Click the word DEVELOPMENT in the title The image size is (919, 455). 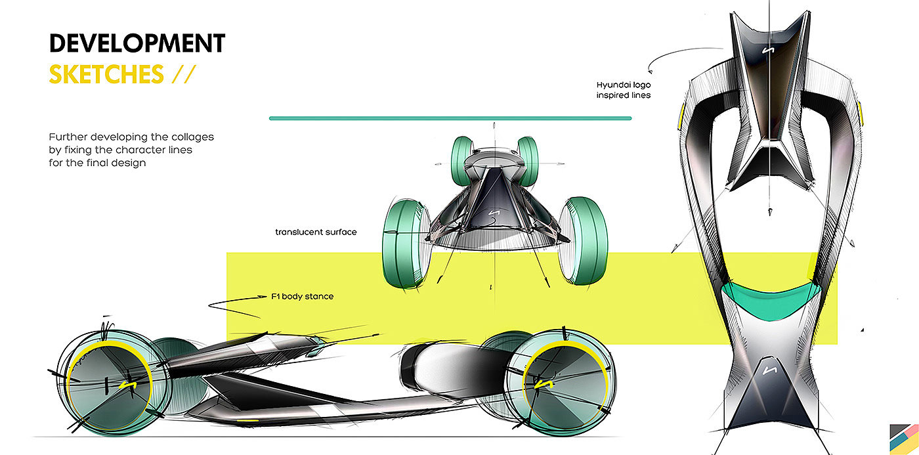(137, 43)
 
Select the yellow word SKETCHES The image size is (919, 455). (106, 74)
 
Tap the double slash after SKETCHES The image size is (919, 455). (184, 74)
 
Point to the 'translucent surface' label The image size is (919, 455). (316, 232)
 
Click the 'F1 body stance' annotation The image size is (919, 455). (303, 296)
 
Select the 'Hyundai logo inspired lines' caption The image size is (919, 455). (624, 90)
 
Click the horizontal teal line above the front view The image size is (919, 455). (450, 118)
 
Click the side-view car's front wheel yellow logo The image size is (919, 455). (128, 385)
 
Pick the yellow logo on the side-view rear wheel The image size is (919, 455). (544, 385)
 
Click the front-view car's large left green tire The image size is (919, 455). (406, 244)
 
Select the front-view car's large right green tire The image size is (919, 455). (584, 240)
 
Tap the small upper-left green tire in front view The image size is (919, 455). (463, 160)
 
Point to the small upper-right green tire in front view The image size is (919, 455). (528, 160)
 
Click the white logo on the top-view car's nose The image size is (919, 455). (768, 51)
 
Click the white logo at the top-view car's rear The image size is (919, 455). (770, 370)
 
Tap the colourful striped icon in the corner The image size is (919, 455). (905, 439)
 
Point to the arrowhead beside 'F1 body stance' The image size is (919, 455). (262, 296)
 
